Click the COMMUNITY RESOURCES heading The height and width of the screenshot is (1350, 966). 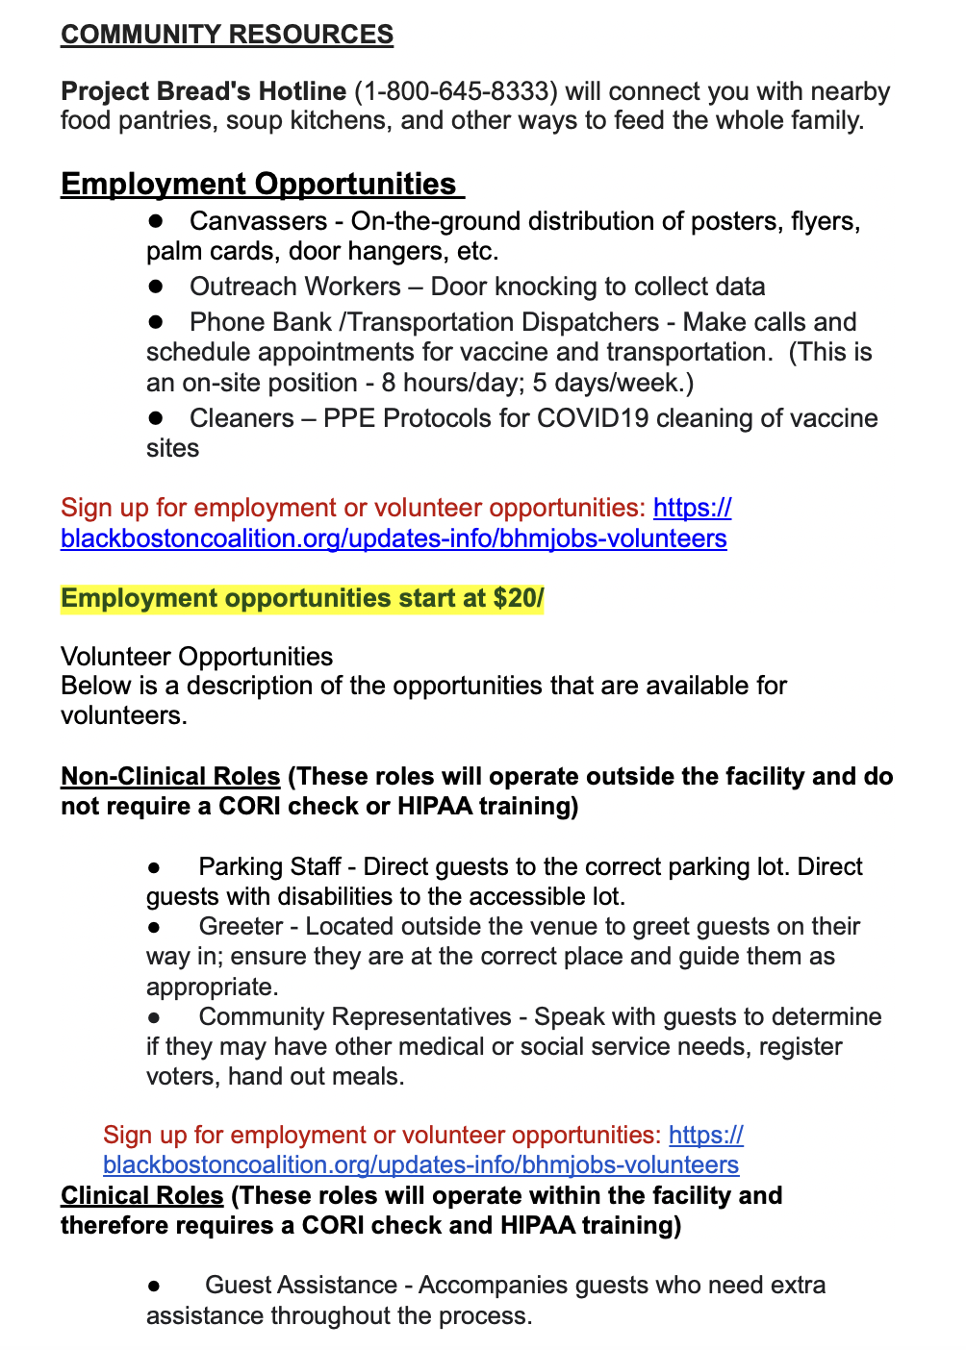227,35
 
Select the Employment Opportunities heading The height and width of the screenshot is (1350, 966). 259,184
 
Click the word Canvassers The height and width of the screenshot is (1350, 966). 258,221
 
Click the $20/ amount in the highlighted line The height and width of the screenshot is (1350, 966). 519,598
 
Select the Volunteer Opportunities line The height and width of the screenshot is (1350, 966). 196,657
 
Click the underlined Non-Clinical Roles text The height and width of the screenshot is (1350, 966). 170,777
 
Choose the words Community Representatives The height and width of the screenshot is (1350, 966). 355,1016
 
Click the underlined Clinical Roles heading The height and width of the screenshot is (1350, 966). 142,1196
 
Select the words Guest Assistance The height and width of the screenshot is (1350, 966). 301,1285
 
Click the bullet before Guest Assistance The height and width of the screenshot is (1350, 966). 154,1286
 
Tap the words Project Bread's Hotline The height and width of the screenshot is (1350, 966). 203,91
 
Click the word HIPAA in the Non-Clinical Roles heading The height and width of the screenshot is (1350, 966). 437,806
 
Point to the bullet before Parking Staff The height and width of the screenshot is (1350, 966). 154,867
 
